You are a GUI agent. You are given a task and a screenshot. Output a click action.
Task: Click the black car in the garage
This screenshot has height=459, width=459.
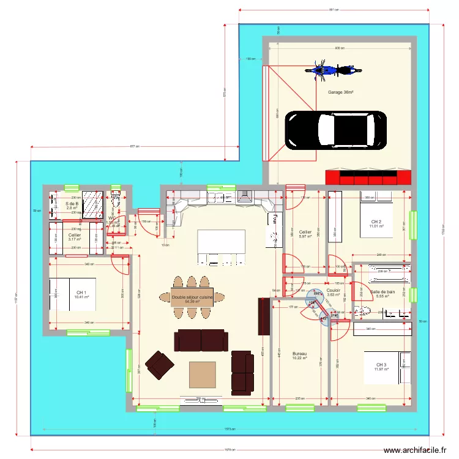pyautogui.click(x=336, y=129)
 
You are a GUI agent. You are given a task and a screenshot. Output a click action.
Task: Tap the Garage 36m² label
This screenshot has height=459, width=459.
pyautogui.click(x=340, y=92)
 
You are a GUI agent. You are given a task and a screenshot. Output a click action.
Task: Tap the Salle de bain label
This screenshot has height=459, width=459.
pyautogui.click(x=382, y=292)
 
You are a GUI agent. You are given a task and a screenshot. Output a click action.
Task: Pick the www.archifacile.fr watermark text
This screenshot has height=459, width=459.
pyautogui.click(x=415, y=450)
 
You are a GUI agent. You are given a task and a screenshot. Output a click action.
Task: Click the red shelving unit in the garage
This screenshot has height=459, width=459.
pyautogui.click(x=368, y=177)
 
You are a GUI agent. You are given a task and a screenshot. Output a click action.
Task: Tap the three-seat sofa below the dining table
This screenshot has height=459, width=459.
pyautogui.click(x=200, y=340)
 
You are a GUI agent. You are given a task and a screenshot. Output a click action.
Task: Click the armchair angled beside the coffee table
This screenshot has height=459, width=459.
pyautogui.click(x=159, y=365)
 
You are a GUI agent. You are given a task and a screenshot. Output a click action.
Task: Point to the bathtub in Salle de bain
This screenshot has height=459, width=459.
pyautogui.click(x=385, y=270)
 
